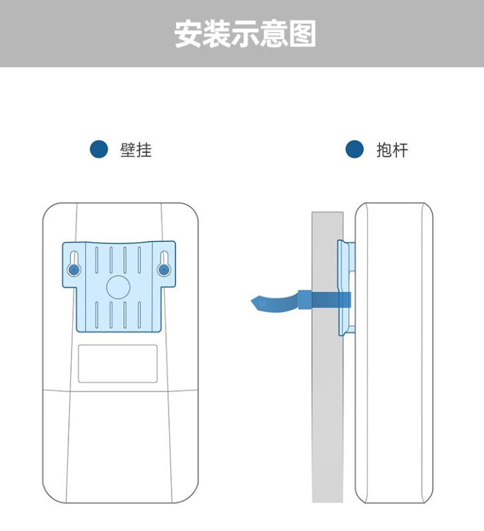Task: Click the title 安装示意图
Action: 245,34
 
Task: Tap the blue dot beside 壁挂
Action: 99,149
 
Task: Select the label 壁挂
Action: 136,150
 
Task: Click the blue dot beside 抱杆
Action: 354,149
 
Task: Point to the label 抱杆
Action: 392,150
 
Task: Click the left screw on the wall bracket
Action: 74,270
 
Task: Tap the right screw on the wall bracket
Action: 164,270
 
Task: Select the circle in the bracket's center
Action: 118,287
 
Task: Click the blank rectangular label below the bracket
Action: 117,364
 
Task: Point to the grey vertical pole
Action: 327,357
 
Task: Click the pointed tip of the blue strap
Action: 251,300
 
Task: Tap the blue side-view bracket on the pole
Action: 346,288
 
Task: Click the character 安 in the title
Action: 188,34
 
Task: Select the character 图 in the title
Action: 303,34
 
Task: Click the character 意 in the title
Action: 274,34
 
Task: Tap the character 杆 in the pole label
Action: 401,150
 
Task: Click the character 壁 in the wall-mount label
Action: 128,150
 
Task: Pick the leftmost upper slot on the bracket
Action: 97,260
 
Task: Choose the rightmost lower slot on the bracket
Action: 139,315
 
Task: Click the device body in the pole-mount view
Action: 394,352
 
